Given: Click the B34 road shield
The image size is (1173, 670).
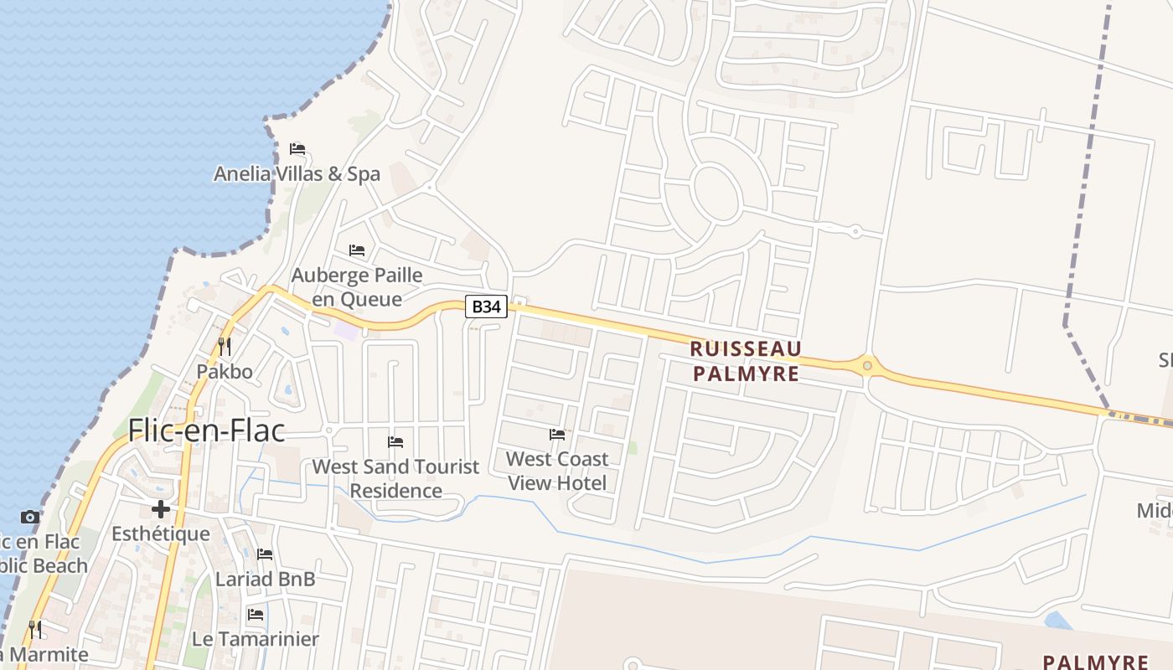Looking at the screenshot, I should pyautogui.click(x=486, y=307).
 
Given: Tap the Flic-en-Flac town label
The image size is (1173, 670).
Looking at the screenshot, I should pyautogui.click(x=206, y=430).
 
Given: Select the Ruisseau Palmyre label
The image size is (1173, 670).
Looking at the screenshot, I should pyautogui.click(x=746, y=361).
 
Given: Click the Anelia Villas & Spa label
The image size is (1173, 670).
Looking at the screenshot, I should pyautogui.click(x=297, y=174).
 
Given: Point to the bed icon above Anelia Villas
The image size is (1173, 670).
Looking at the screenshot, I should pyautogui.click(x=297, y=150).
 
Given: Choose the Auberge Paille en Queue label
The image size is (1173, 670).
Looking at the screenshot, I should pyautogui.click(x=357, y=286).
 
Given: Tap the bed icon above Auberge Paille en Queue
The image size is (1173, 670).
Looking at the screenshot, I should pyautogui.click(x=357, y=250).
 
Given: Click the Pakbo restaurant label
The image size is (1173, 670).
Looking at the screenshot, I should pyautogui.click(x=225, y=371).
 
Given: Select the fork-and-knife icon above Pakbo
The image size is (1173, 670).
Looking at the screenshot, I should pyautogui.click(x=225, y=345).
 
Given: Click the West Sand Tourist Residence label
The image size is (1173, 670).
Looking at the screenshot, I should pyautogui.click(x=395, y=478).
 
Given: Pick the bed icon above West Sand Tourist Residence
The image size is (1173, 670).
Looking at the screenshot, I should pyautogui.click(x=395, y=442).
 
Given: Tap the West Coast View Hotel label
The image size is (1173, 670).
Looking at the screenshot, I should pyautogui.click(x=557, y=471).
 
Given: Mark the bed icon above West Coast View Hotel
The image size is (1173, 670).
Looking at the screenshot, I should pyautogui.click(x=557, y=435).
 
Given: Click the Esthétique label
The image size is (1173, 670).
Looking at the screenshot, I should pyautogui.click(x=161, y=533).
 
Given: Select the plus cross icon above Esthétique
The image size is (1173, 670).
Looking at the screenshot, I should pyautogui.click(x=161, y=509).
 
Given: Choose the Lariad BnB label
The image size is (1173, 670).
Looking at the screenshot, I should pyautogui.click(x=265, y=579).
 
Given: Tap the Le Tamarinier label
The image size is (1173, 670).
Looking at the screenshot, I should pyautogui.click(x=256, y=639).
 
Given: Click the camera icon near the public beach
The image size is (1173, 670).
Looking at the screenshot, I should pyautogui.click(x=30, y=518).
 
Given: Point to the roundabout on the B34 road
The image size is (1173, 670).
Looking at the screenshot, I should pyautogui.click(x=867, y=365).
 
